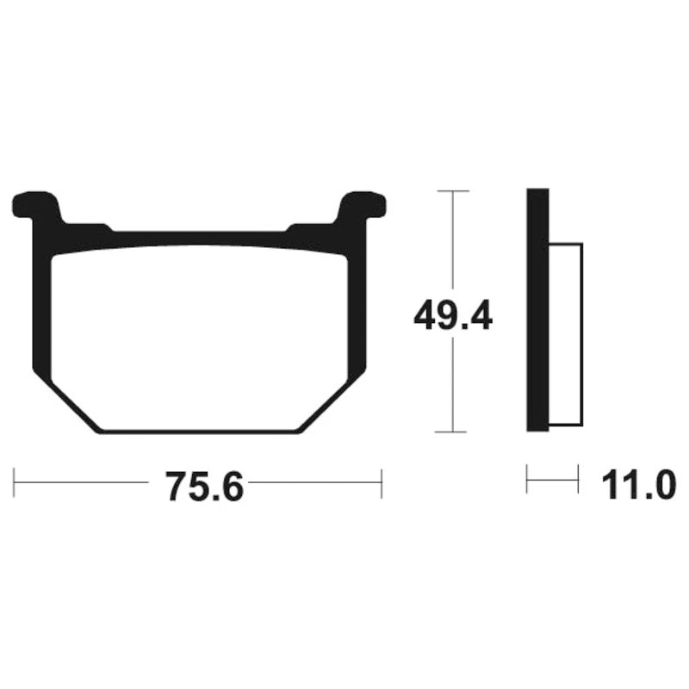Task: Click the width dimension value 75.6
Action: (205, 486)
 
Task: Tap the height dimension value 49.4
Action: (453, 313)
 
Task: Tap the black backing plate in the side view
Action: (537, 310)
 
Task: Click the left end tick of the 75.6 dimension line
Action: (14, 482)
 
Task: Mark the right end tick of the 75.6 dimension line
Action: (382, 483)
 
